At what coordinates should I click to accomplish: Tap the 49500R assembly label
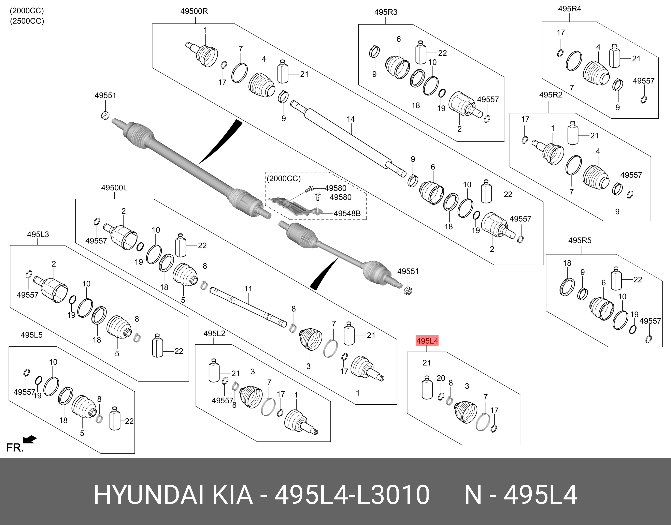(194, 11)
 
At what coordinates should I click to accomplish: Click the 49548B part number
(347, 213)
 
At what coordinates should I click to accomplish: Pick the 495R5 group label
(580, 240)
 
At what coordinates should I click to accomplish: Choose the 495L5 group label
(32, 335)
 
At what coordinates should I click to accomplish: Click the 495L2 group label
(214, 333)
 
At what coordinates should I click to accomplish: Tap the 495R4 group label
(570, 9)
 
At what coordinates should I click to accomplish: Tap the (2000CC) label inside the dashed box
(284, 179)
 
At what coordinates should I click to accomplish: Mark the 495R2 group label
(551, 95)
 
